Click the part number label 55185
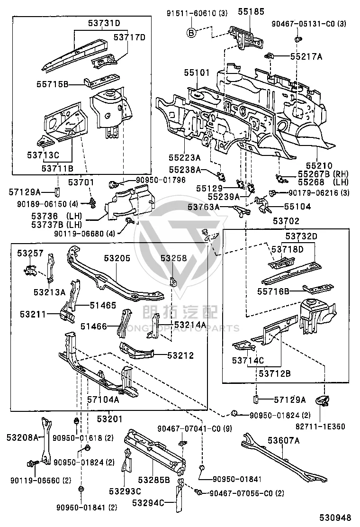pyautogui.click(x=251, y=12)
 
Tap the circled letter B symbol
pyautogui.click(x=191, y=33)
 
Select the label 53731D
pyautogui.click(x=104, y=23)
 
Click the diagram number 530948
pyautogui.click(x=335, y=518)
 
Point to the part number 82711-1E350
pyautogui.click(x=320, y=427)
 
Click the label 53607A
pyautogui.click(x=283, y=440)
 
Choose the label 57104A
pyautogui.click(x=103, y=400)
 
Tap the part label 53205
pyautogui.click(x=117, y=258)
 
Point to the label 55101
pyautogui.click(x=197, y=73)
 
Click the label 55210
pyautogui.click(x=319, y=166)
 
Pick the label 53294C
pyautogui.click(x=148, y=503)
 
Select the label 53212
pyautogui.click(x=180, y=355)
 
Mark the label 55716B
pyautogui.click(x=273, y=291)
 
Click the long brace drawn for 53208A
pyautogui.click(x=46, y=441)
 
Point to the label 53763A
pyautogui.click(x=204, y=207)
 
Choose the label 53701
pyautogui.click(x=81, y=182)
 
